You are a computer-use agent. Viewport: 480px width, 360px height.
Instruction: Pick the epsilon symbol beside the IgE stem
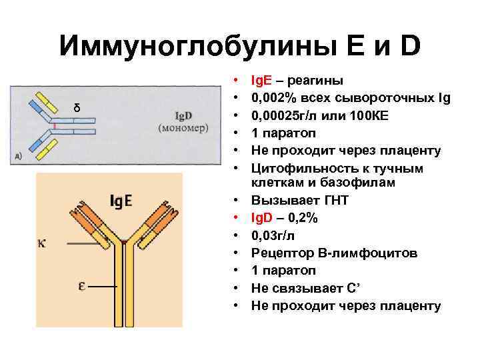(81, 287)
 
